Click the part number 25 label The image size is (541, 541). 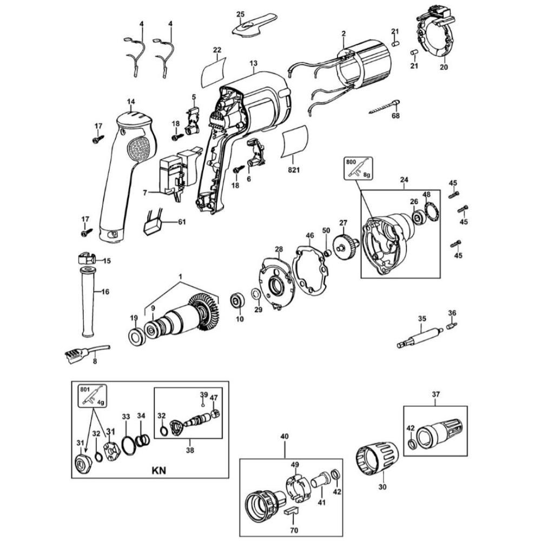(241, 14)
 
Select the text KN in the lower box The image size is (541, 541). (159, 470)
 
